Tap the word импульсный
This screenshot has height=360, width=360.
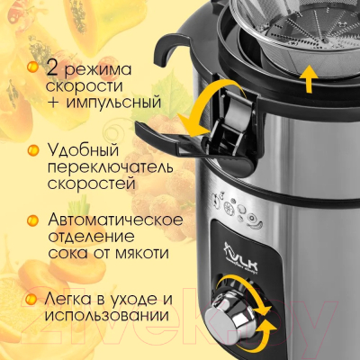pos(113,103)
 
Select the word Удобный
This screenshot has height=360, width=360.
pos(83,150)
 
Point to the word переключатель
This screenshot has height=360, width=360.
pos(110,167)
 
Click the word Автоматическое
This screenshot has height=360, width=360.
pos(115,220)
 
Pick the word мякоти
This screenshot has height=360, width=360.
pos(141,254)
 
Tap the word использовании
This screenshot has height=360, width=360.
pos(106,316)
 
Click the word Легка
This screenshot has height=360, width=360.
pos(67,299)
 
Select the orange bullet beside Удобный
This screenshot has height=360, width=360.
pos(33,150)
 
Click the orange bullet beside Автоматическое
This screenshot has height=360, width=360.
pos(32,220)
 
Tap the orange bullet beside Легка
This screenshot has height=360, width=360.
pos(31,299)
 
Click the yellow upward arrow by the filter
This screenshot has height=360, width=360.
pos(309,78)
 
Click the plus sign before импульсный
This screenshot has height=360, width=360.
pos(53,103)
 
